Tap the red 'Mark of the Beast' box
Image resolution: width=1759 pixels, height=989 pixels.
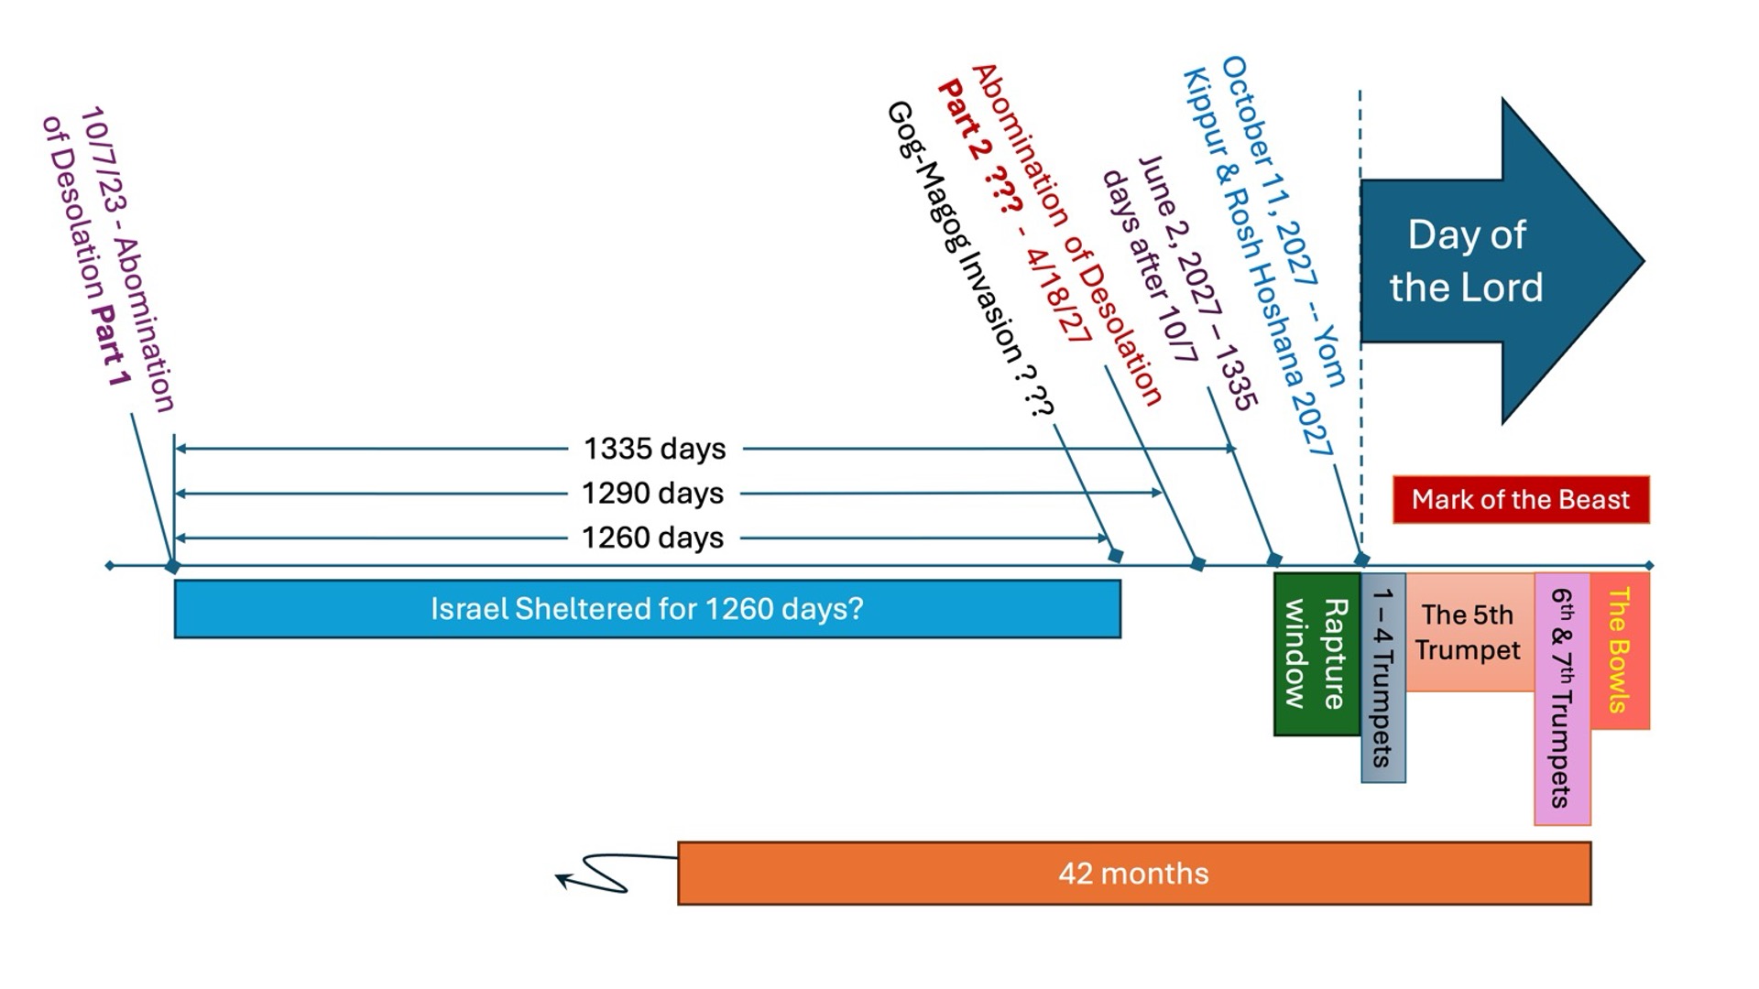[x=1520, y=499]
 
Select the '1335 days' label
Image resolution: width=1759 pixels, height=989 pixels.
[x=654, y=449]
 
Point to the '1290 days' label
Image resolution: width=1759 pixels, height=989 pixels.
[x=652, y=493]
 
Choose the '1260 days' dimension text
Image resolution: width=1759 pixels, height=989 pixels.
[x=652, y=538]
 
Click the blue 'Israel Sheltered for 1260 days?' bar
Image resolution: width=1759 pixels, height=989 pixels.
[x=647, y=609]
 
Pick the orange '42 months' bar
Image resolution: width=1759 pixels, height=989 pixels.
[x=1133, y=874]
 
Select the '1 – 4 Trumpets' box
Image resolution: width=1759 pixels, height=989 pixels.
[x=1382, y=678]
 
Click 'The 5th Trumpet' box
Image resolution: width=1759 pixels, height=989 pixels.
[x=1468, y=632]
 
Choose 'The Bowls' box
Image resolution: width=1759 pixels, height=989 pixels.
[x=1619, y=650]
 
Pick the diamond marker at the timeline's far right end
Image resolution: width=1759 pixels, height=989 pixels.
[x=1649, y=566]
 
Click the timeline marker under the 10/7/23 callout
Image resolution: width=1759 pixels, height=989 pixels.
[x=172, y=568]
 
